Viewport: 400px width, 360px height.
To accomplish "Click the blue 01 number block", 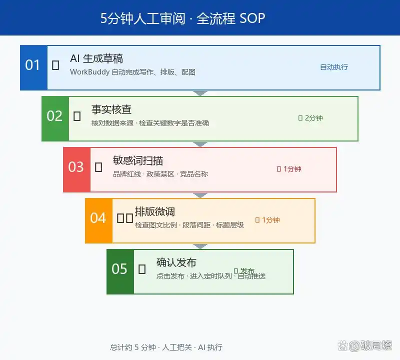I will point(33,67).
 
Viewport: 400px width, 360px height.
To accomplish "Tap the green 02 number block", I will point(55,118).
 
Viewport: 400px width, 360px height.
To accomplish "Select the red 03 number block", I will point(76,169).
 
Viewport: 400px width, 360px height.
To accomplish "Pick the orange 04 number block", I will point(98,220).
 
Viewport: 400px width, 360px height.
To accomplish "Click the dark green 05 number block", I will point(120,271).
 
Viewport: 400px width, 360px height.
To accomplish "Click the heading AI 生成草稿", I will point(96,59).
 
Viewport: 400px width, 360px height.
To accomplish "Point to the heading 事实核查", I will point(111,109).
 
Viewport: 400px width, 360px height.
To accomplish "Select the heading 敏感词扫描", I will point(138,160).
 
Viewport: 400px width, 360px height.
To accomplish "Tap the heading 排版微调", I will point(155,211).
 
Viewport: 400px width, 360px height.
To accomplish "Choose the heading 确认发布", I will point(176,262).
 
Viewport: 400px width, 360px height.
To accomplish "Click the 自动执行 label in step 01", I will point(334,67).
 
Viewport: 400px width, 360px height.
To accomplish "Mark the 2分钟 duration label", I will point(313,118).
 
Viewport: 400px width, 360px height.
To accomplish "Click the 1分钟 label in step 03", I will point(292,169).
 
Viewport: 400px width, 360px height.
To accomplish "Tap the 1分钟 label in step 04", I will point(270,220).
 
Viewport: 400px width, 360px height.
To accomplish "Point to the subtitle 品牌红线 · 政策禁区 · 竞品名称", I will point(160,174).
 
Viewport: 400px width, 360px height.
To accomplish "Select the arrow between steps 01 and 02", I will point(200,93).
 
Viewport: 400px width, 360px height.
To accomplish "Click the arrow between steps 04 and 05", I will point(200,246).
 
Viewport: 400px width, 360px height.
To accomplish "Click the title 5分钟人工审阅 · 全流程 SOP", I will point(183,18).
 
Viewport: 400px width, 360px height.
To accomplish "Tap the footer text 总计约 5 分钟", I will point(133,347).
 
